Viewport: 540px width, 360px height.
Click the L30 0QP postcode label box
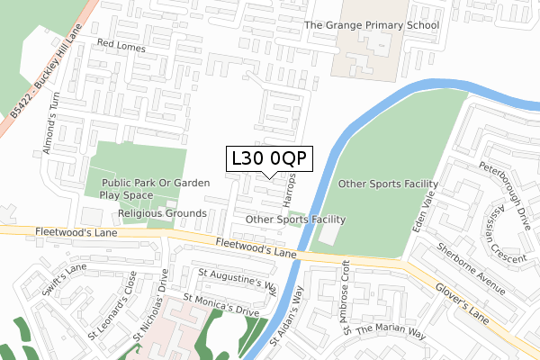coord(270,158)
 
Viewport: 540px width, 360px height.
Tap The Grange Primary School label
coord(371,25)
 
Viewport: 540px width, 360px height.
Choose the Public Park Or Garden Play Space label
coord(155,188)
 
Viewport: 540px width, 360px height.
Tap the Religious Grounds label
coord(163,213)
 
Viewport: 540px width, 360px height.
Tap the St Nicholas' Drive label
coord(149,313)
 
